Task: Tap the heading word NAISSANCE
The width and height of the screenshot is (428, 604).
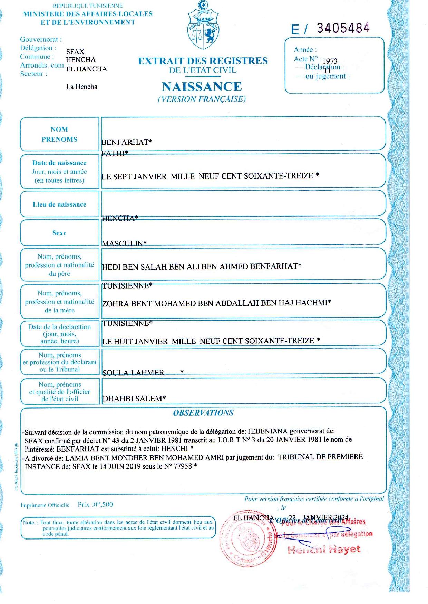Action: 202,86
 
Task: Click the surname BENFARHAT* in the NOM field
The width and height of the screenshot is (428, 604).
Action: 127,142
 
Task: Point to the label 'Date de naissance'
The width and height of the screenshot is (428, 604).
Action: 59,163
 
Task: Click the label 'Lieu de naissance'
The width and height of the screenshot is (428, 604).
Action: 59,204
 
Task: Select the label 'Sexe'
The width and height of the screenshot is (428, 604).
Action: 59,233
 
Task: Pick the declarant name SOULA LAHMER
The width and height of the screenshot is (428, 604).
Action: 133,373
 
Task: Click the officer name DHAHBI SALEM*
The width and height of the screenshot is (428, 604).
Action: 134,399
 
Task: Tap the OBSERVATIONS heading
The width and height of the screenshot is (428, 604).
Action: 203,413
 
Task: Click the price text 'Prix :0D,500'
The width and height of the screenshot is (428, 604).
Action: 95,505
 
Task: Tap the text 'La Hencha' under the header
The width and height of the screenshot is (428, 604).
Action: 81,87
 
